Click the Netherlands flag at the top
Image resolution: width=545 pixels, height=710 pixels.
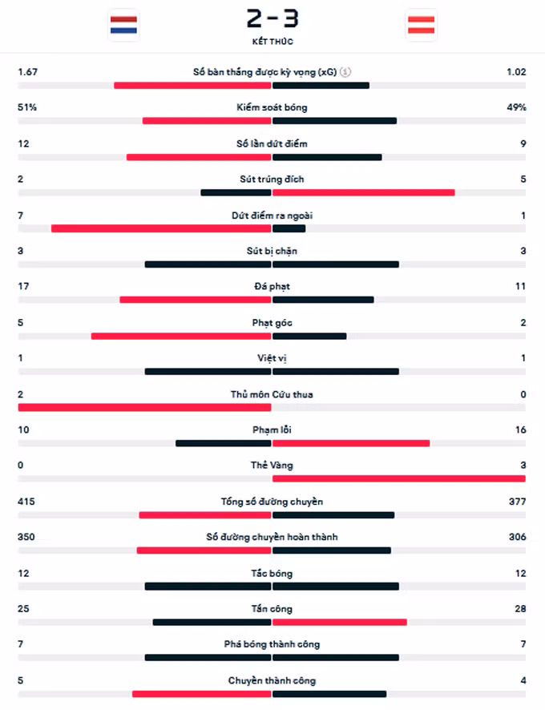pos(123,24)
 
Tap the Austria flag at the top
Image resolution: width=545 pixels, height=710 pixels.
pos(421,24)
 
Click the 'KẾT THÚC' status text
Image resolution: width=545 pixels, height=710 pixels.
pos(272,42)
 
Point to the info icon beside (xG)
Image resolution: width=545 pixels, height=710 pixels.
pos(345,72)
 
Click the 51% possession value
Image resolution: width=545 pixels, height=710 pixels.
pos(27,107)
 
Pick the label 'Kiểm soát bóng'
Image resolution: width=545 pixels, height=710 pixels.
pos(272,107)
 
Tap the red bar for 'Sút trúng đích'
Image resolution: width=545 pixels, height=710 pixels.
pos(364,192)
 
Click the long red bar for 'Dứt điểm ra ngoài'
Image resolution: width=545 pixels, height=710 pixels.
pos(161,228)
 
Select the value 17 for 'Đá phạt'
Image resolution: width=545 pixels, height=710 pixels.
pos(23,287)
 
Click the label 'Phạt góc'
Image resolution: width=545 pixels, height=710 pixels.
pos(272,323)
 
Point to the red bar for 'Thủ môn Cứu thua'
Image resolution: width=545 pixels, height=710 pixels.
pos(144,407)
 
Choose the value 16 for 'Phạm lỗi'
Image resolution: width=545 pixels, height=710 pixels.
pos(521,430)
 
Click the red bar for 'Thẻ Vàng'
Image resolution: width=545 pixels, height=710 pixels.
pos(398,478)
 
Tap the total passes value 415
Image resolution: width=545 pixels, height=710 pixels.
pos(27,502)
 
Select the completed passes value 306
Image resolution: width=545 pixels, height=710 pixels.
pos(517,538)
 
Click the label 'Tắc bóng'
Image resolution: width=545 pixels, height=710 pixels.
pos(272,574)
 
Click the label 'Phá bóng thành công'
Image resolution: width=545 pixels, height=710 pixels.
pos(272,645)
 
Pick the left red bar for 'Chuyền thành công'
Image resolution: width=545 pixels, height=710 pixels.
pos(202,694)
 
